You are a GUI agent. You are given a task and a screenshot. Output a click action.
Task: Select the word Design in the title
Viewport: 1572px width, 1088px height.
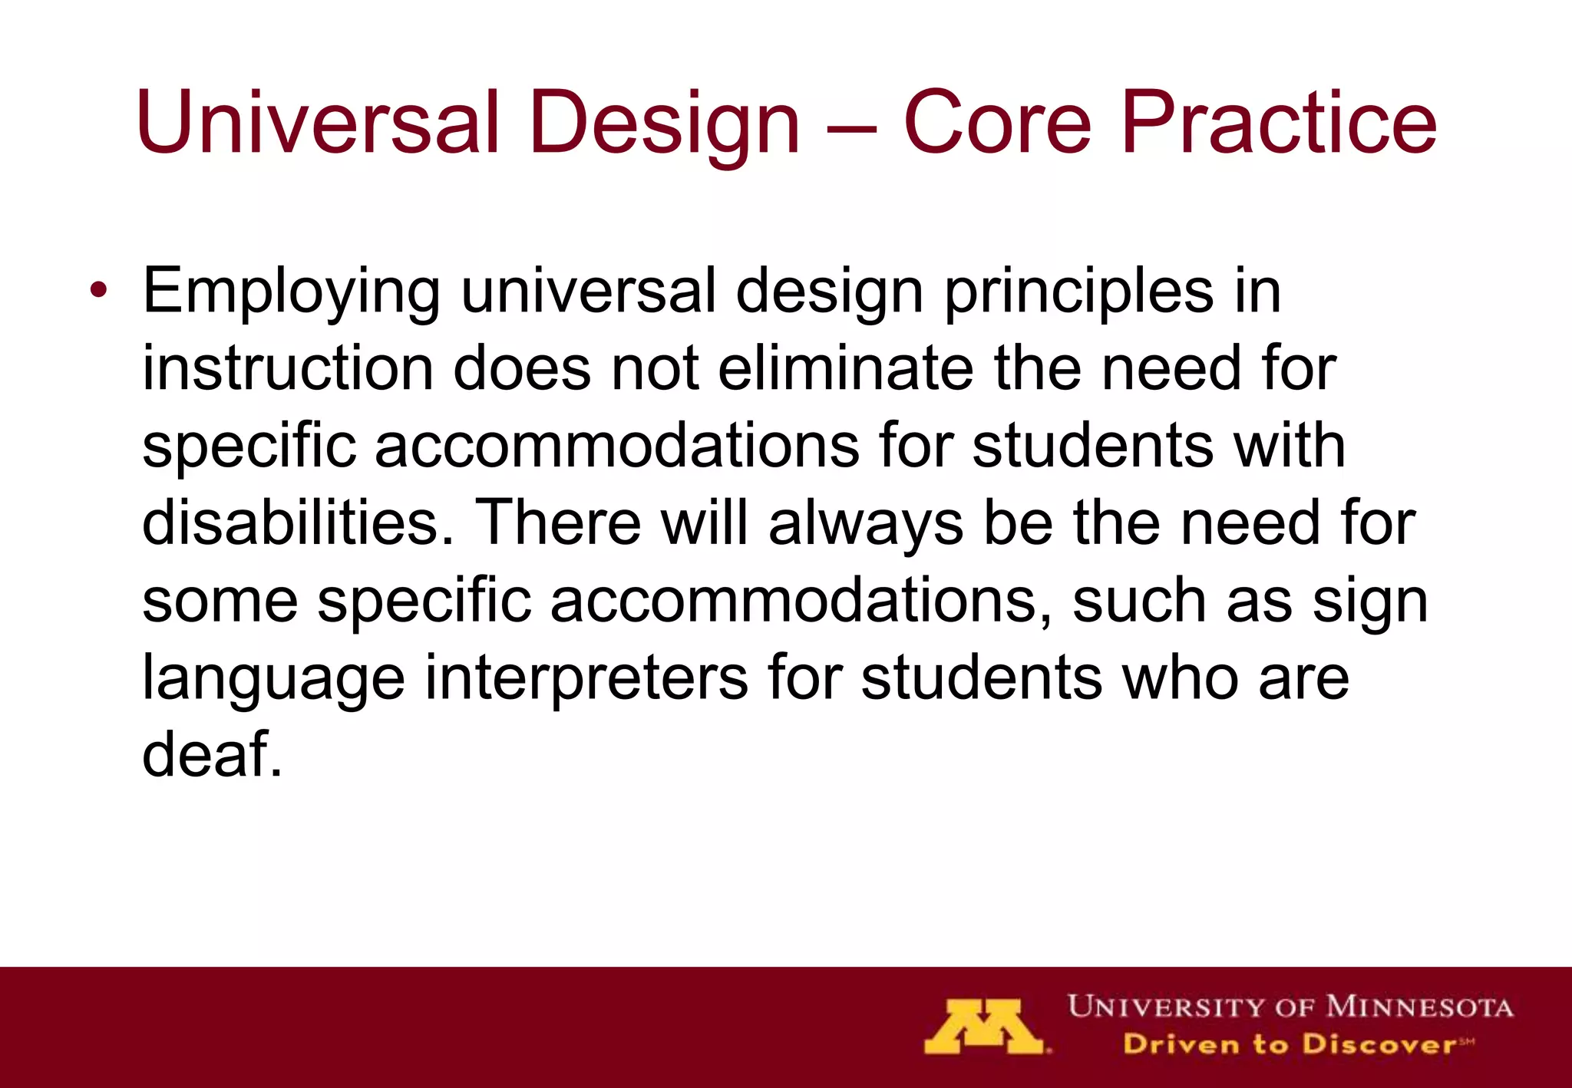pyautogui.click(x=665, y=123)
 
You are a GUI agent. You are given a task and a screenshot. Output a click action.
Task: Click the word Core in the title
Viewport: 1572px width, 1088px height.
pyautogui.click(x=996, y=123)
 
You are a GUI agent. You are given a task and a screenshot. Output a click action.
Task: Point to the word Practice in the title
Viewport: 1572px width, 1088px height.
pyautogui.click(x=1278, y=123)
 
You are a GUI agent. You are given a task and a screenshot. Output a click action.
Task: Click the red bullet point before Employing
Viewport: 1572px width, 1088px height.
pyautogui.click(x=98, y=292)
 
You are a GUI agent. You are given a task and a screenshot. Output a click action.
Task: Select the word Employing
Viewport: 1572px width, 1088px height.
pyautogui.click(x=291, y=292)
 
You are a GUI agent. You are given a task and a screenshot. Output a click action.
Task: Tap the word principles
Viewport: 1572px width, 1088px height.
pyautogui.click(x=1079, y=292)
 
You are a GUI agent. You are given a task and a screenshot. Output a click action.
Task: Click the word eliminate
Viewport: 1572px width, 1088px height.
pyautogui.click(x=845, y=368)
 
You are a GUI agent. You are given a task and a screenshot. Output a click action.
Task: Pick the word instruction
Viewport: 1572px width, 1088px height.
pyautogui.click(x=287, y=368)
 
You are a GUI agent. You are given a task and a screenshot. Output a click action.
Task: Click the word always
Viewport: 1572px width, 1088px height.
pyautogui.click(x=865, y=523)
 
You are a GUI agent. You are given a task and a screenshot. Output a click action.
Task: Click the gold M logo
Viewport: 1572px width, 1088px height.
pyautogui.click(x=985, y=1026)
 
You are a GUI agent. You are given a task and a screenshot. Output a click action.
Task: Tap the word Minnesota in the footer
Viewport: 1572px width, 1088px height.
pyautogui.click(x=1419, y=1007)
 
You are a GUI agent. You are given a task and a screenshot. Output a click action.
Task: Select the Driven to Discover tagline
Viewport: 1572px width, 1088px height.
pyautogui.click(x=1290, y=1044)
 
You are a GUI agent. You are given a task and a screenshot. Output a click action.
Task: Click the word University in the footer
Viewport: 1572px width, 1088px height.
pyautogui.click(x=1166, y=1007)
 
